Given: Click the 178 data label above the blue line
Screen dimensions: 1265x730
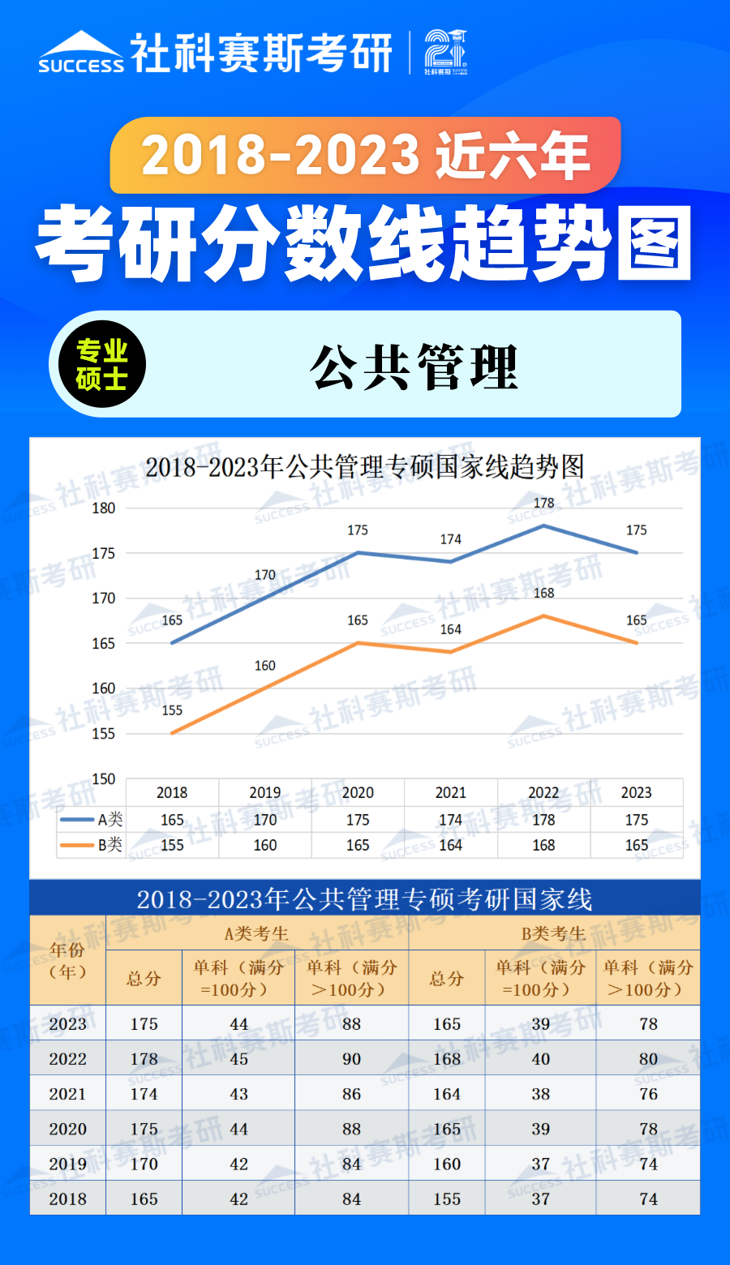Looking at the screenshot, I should coord(543,503).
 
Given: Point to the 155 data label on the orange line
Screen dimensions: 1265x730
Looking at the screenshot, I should coord(172,710).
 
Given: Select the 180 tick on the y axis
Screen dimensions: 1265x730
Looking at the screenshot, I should coord(104,508).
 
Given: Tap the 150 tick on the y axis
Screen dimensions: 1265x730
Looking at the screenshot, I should coord(104,779).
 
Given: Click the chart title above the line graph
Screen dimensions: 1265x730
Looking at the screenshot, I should coord(365,467).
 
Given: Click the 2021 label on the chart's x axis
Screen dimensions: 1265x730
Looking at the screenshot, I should coord(451,793).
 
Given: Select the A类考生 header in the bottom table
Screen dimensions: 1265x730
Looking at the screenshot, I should coord(256,933).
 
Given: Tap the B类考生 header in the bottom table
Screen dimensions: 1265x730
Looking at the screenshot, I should coord(553,933).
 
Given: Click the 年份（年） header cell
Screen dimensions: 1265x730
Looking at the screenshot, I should coord(67,961).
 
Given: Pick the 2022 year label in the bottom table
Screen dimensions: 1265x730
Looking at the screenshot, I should coord(67,1059).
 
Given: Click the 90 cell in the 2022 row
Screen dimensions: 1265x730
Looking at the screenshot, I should coord(351,1059).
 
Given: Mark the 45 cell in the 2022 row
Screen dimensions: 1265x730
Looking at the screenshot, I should coord(238,1059).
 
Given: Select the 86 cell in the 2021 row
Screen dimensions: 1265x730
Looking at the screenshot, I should coord(351,1094).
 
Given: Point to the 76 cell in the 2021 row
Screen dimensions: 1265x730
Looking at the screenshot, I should coord(648,1094).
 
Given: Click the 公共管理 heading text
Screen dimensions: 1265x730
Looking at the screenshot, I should coord(414,367).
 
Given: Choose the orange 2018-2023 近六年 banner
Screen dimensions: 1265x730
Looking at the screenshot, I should coord(365,155).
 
